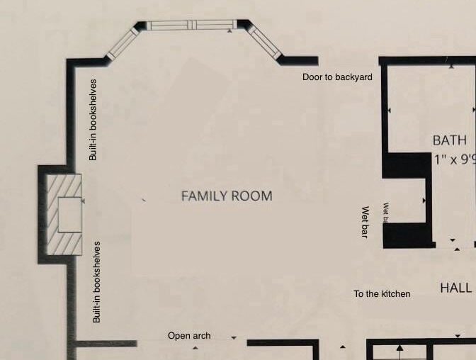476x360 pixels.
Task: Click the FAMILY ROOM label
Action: [227, 196]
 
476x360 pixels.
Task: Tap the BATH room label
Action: [450, 140]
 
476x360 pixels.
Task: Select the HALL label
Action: [455, 288]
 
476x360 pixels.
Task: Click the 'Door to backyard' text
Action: [337, 77]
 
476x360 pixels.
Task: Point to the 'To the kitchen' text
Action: [382, 293]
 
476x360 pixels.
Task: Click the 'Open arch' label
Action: [189, 336]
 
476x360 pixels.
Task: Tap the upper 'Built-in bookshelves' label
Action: [93, 119]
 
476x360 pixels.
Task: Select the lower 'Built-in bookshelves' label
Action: [97, 282]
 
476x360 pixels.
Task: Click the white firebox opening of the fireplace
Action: [69, 215]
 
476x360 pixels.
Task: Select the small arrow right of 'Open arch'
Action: [234, 338]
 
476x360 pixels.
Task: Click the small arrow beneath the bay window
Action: [229, 32]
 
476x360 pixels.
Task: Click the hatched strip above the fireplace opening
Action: [64, 186]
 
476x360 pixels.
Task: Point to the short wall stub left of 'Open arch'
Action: [106, 344]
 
